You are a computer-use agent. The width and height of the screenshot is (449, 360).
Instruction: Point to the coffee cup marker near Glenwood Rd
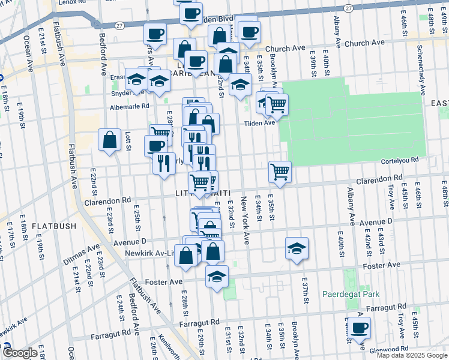tap(360, 328)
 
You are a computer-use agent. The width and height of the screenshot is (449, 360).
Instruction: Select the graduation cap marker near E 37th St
tap(297, 248)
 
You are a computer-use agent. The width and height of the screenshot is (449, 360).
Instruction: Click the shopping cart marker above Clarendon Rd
tap(280, 172)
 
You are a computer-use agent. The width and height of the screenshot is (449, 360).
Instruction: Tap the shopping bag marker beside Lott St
tap(110, 140)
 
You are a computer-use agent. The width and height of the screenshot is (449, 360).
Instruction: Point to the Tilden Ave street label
tap(259, 122)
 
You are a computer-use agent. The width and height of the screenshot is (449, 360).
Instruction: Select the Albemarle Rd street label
tap(129, 107)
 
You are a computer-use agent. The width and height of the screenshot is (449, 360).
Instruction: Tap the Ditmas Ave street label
tap(81, 254)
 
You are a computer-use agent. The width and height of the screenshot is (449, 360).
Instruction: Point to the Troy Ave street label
tap(391, 196)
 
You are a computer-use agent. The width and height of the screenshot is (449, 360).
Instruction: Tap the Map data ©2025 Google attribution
tap(411, 355)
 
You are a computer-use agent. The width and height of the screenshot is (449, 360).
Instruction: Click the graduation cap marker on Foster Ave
tap(217, 276)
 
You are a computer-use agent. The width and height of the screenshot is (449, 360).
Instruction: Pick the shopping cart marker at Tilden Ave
tap(277, 104)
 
